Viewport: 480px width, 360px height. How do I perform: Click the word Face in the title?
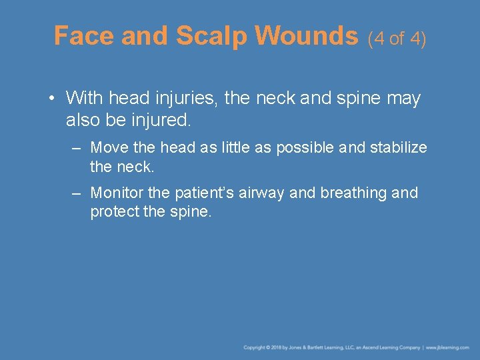click(x=84, y=35)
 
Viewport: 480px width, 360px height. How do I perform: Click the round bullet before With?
click(x=51, y=99)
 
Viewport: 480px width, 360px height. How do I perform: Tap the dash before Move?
click(x=77, y=147)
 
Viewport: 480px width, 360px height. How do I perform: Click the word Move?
click(x=109, y=147)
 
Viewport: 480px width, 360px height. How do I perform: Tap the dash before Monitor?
click(x=77, y=193)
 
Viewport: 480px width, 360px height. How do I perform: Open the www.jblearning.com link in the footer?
click(x=448, y=347)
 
